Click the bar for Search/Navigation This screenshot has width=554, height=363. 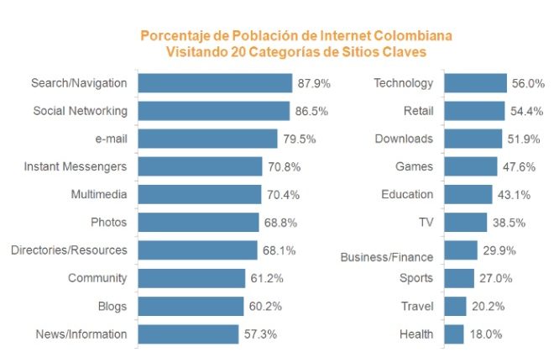click(x=214, y=83)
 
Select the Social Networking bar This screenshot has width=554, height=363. click(x=212, y=111)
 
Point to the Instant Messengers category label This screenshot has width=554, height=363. click(x=76, y=166)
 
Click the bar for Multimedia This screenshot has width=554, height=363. click(x=199, y=194)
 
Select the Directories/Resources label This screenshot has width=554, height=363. click(x=69, y=250)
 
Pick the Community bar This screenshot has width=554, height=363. click(x=191, y=278)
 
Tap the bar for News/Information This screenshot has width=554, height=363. click(x=187, y=334)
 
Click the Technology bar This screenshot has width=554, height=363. click(x=475, y=83)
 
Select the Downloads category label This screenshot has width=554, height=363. click(x=404, y=139)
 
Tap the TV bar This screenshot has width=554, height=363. click(x=465, y=223)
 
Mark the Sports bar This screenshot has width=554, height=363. click(x=459, y=278)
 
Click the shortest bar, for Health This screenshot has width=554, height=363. click(x=454, y=334)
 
